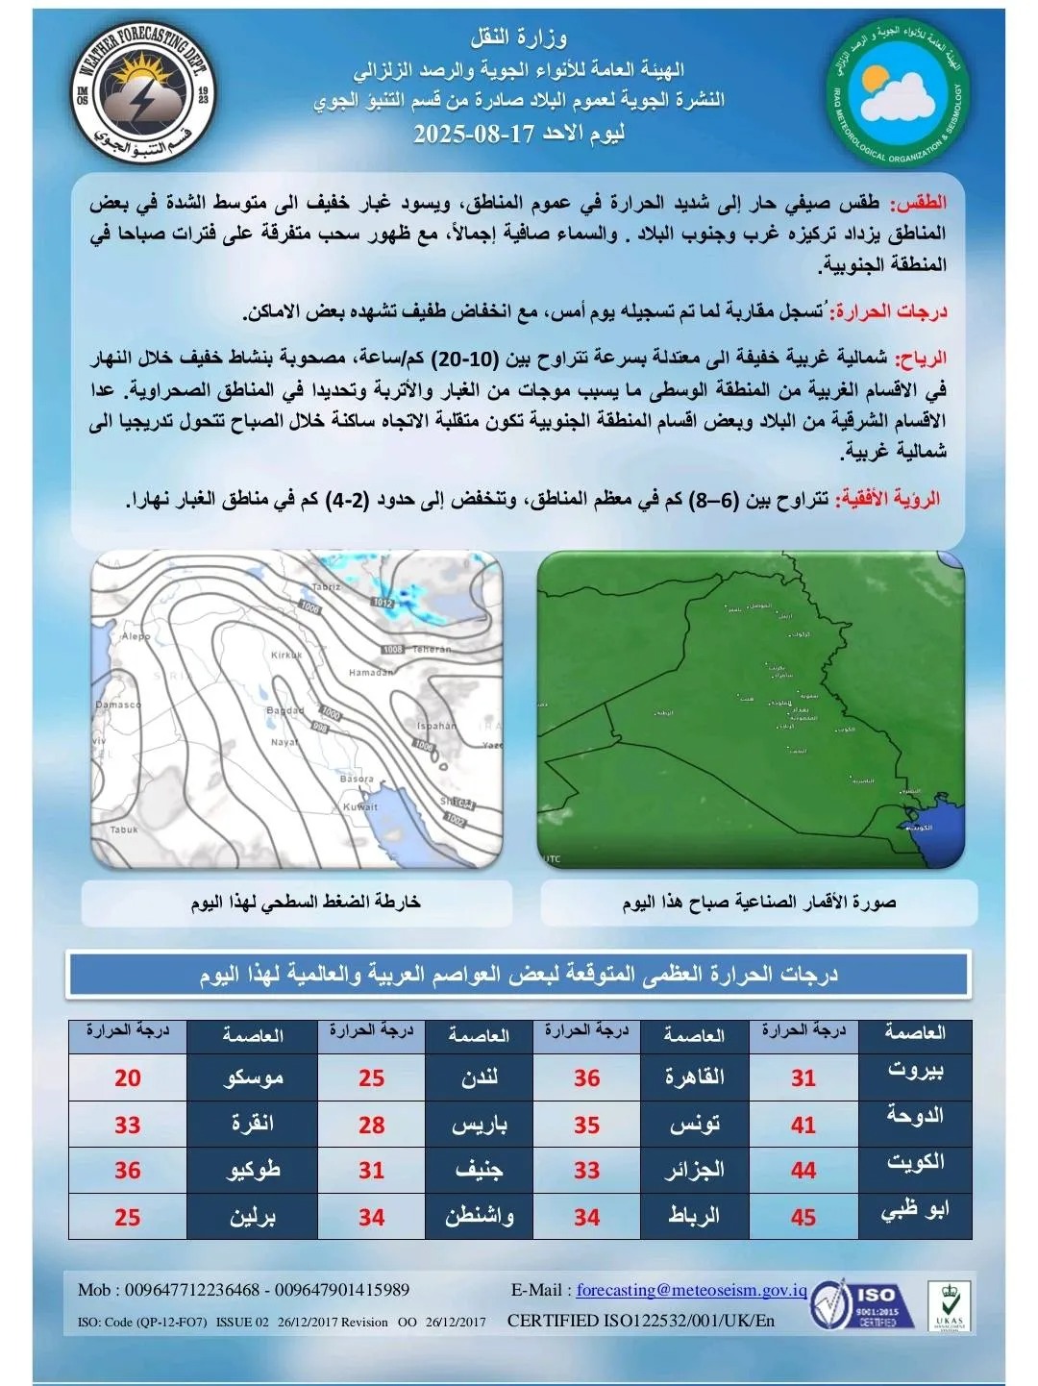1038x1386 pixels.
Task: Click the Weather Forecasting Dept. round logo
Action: [x=144, y=92]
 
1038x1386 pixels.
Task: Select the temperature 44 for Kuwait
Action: [x=803, y=1171]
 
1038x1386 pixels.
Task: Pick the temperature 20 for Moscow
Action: [x=128, y=1078]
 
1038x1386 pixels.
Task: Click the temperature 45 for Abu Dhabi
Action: [x=803, y=1218]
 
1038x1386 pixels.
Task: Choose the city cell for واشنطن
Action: [x=479, y=1218]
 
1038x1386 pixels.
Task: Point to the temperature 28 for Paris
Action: [x=372, y=1125]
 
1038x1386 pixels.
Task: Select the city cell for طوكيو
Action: [x=253, y=1171]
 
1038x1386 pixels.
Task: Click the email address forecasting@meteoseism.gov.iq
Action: [x=691, y=1290]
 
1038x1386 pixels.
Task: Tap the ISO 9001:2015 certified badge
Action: [x=855, y=1306]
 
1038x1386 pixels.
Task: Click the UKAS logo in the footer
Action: [x=949, y=1306]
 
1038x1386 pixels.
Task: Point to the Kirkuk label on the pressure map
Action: [x=286, y=655]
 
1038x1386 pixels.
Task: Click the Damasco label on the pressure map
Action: [x=118, y=705]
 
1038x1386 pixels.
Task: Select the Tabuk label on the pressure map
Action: [x=123, y=829]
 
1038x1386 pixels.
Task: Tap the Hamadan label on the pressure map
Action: [x=370, y=673]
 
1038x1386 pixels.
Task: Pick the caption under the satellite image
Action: [x=759, y=903]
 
